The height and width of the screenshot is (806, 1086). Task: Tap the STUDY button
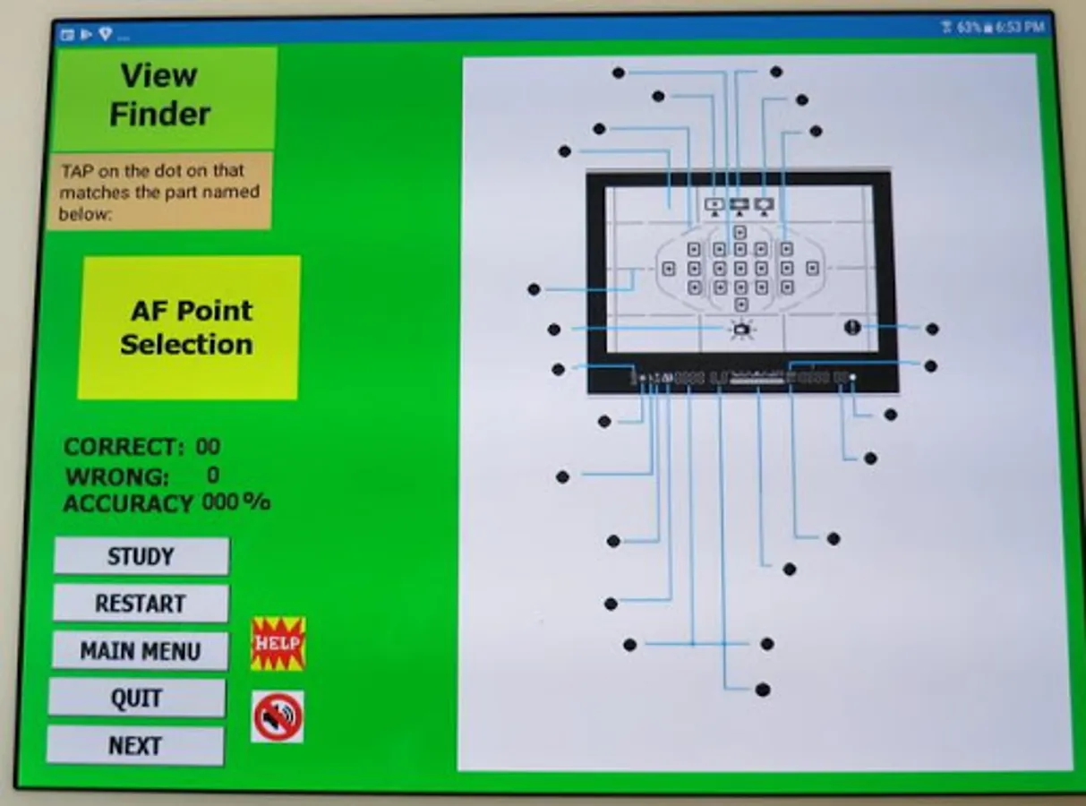click(x=141, y=556)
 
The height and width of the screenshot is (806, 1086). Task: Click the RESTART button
click(x=141, y=603)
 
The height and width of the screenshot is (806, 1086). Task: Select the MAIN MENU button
click(x=140, y=651)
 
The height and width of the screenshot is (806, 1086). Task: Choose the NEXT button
click(x=135, y=745)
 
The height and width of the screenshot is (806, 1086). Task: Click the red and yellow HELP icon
click(x=278, y=643)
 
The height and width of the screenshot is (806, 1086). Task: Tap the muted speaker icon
click(x=278, y=716)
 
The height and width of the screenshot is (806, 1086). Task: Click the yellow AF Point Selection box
click(x=188, y=328)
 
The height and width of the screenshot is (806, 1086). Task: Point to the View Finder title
click(x=160, y=95)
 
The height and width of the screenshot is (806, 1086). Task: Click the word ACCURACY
click(x=128, y=503)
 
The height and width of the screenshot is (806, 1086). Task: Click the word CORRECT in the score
click(x=124, y=447)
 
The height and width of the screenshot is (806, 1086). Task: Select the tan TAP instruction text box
click(x=159, y=191)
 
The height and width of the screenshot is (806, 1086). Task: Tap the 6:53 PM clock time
click(x=1021, y=28)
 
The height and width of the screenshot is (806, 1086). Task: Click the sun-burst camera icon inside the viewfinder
click(x=740, y=330)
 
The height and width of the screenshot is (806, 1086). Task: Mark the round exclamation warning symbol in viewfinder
click(x=851, y=327)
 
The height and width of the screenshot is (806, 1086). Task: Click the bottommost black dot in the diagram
click(x=763, y=690)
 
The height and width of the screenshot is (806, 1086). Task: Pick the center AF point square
click(x=740, y=268)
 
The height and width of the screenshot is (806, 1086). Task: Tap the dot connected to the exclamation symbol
click(x=932, y=329)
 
